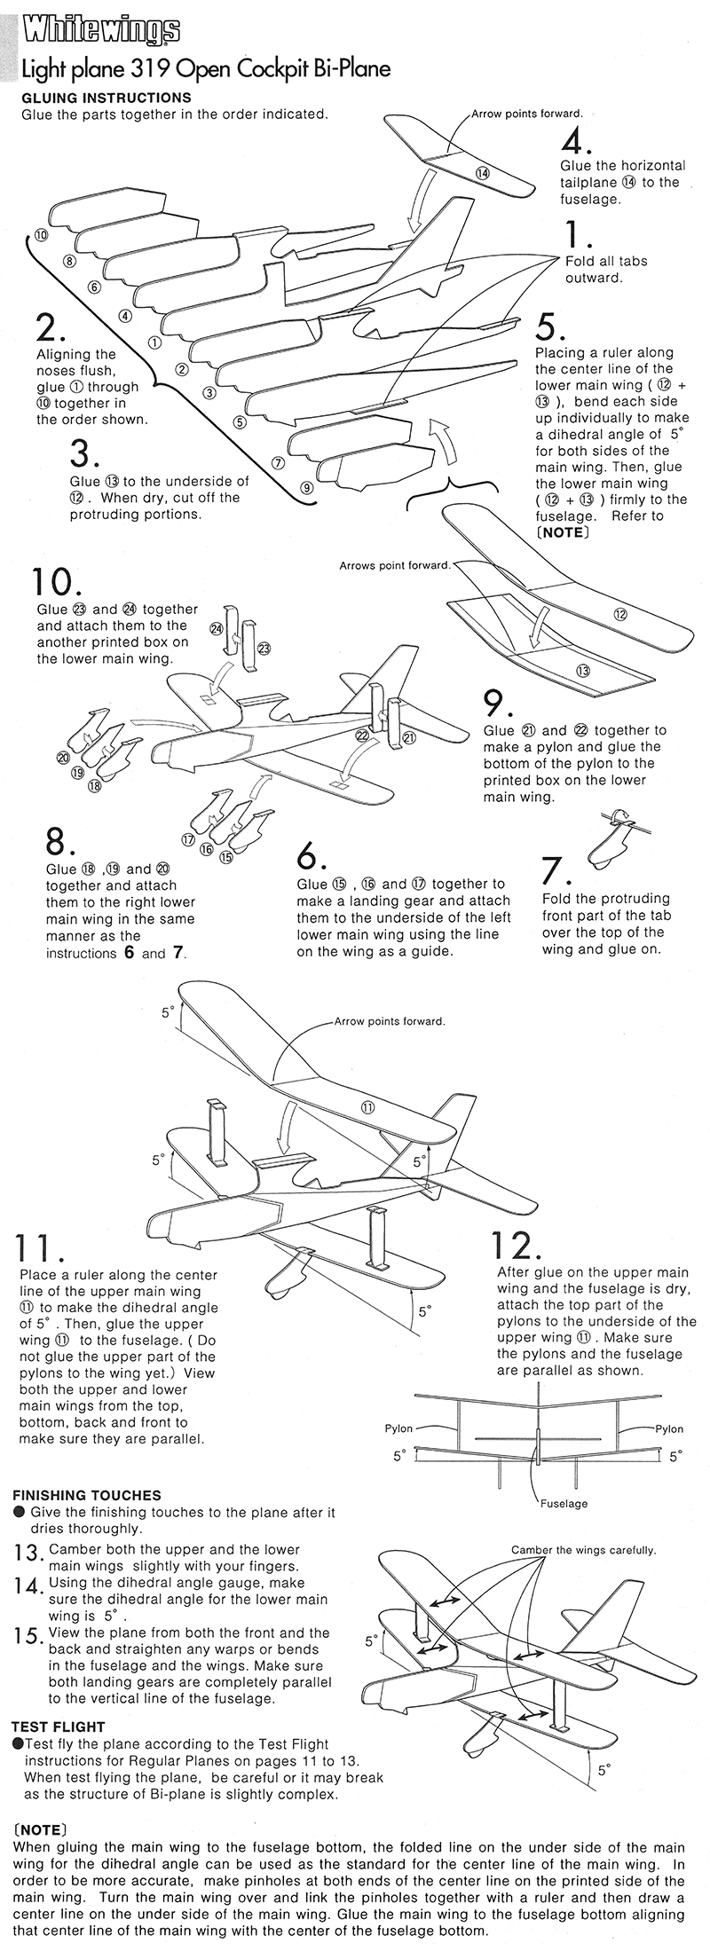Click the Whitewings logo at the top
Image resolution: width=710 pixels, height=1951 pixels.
(101, 33)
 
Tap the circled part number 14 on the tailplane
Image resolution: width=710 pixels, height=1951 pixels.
(482, 173)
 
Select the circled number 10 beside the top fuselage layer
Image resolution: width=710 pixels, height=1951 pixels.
(41, 234)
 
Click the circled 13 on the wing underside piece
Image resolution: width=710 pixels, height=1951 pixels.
(582, 670)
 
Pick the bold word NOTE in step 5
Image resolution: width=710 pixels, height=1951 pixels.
(561, 532)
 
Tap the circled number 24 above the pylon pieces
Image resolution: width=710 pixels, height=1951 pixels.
(215, 628)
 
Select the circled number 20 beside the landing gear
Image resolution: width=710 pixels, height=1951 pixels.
(63, 758)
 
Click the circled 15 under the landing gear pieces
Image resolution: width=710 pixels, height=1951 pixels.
(225, 857)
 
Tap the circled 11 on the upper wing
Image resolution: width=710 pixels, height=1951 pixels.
(367, 1106)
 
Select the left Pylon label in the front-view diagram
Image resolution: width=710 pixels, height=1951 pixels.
(398, 1428)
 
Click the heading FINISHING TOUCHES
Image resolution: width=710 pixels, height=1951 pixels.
(86, 1495)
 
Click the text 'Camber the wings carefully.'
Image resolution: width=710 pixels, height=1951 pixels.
(583, 1550)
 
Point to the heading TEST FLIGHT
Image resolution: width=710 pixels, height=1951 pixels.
(58, 1727)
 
